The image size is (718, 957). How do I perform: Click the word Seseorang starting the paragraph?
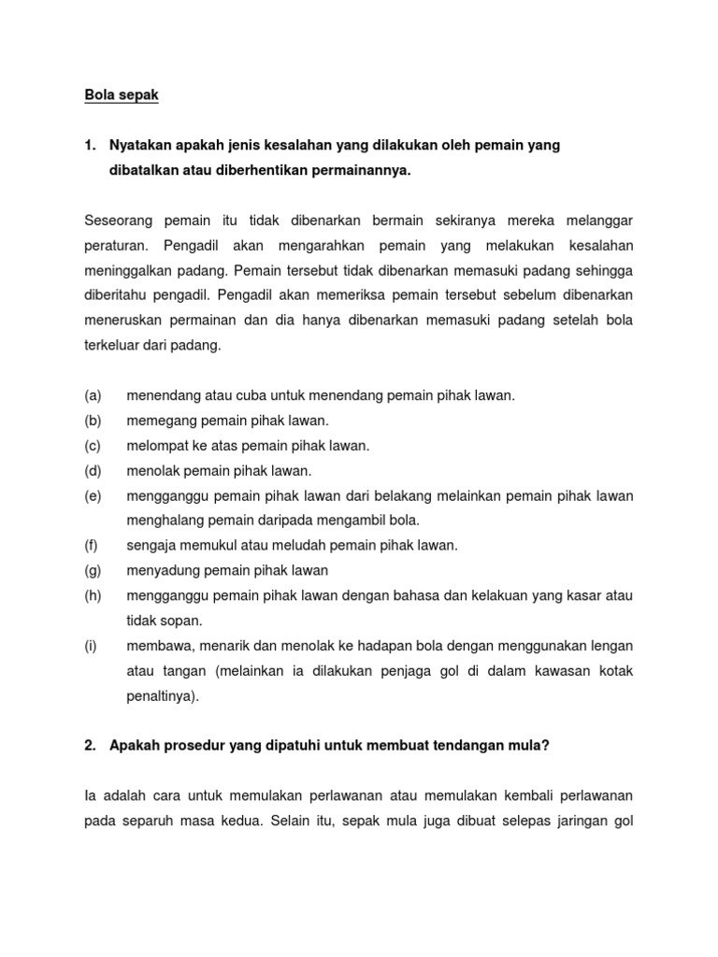pyautogui.click(x=117, y=221)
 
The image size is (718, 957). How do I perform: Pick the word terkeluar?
pyautogui.click(x=116, y=345)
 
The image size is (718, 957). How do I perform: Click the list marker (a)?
pyautogui.click(x=93, y=395)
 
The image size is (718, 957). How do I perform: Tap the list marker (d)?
pyautogui.click(x=93, y=470)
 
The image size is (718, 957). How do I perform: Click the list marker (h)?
pyautogui.click(x=93, y=595)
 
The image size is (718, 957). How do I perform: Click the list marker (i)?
pyautogui.click(x=92, y=645)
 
